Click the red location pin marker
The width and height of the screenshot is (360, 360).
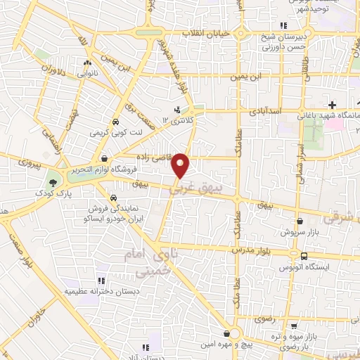coord(181,166)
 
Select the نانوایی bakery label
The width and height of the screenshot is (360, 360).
coord(87,71)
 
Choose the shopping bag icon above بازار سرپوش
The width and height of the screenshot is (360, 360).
coord(300,220)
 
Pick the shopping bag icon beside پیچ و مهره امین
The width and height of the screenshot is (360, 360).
coord(226,334)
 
